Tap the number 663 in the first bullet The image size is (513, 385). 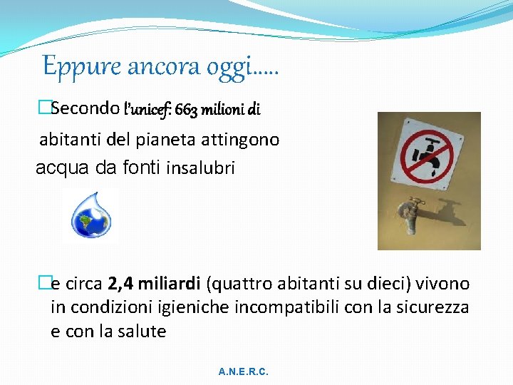tap(187, 110)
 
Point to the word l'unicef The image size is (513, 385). tap(147, 110)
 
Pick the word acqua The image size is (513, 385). tap(62, 169)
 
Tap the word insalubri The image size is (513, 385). tap(200, 169)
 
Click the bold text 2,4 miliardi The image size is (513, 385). tap(154, 284)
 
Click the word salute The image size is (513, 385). tap(141, 332)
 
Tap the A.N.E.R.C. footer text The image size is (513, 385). tap(244, 372)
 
